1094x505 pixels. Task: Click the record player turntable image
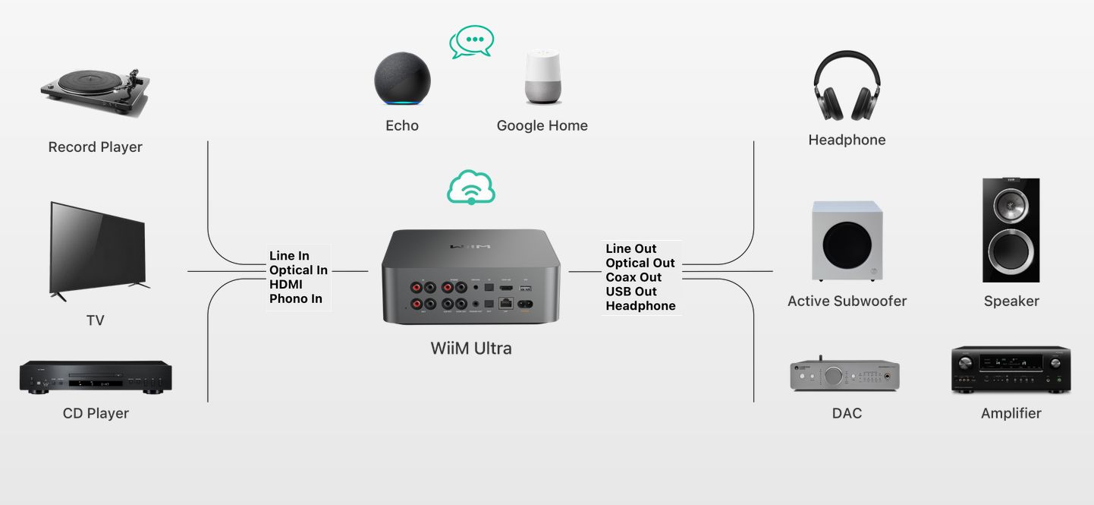95,92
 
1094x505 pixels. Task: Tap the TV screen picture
98,251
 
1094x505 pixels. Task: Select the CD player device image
96,377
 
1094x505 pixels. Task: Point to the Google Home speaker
543,77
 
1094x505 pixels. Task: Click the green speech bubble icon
472,42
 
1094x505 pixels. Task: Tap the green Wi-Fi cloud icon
471,188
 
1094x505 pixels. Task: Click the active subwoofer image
847,241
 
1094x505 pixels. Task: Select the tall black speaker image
1011,230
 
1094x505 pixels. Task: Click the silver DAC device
844,374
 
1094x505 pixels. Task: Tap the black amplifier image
1011,371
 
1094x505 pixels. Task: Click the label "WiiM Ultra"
471,349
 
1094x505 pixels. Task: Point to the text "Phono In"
296,298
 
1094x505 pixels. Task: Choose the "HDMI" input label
286,284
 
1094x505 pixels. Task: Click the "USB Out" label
631,292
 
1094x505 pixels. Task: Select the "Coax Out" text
633,277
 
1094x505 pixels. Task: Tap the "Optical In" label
298,270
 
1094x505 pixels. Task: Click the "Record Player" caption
96,147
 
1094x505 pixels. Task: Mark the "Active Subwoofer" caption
847,301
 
